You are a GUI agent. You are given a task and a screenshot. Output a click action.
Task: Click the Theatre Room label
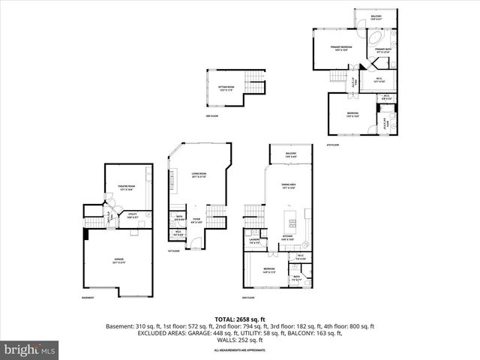point(127,186)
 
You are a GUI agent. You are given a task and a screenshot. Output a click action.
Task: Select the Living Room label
point(199,174)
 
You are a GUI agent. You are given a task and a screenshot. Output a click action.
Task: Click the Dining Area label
point(287,186)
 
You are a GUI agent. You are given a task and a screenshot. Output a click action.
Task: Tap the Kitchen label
point(287,236)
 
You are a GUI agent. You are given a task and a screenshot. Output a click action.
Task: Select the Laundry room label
point(253,241)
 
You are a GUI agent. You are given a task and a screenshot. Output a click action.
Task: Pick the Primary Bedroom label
point(341,49)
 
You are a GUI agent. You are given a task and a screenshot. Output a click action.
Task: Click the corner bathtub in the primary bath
point(376,37)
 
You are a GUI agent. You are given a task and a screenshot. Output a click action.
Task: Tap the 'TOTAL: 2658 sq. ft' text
point(239,319)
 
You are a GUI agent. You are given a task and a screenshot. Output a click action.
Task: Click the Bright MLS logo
point(30,349)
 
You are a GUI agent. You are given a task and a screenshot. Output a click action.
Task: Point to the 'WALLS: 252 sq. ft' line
point(239,340)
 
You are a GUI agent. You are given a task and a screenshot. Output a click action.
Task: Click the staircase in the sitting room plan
point(256,84)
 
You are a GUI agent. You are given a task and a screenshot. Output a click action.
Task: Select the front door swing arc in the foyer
point(194,241)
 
